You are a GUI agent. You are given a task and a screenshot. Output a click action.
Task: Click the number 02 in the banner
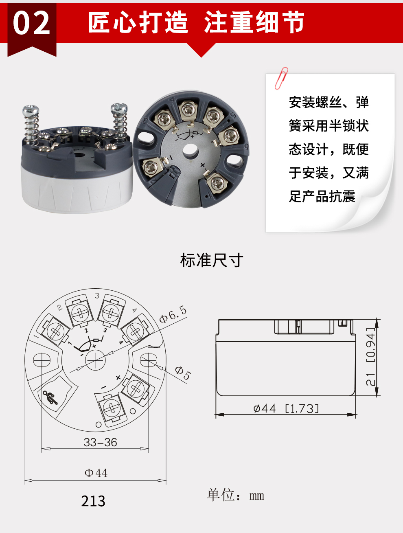[x=31, y=23]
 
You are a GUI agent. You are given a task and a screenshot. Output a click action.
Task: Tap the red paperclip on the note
[x=281, y=78]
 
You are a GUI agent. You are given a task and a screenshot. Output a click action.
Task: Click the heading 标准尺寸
[x=212, y=260]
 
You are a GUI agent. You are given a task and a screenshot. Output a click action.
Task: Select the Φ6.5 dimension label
[x=173, y=314]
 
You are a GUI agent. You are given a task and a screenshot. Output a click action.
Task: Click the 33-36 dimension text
[x=100, y=442]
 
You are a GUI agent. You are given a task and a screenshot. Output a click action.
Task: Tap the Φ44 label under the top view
[x=96, y=473]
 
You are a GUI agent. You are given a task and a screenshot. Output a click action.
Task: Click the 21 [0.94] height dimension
[x=370, y=356]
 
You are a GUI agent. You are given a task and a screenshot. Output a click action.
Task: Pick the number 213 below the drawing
[x=93, y=501]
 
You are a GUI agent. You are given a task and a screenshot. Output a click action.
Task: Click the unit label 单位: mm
[x=235, y=495]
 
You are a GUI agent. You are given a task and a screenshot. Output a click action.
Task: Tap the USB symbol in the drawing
[x=50, y=397]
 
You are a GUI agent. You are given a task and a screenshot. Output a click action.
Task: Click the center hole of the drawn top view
[x=95, y=360]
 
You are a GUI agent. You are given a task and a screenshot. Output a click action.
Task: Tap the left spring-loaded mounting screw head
[x=31, y=110]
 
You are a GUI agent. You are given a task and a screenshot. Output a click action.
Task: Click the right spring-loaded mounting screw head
[x=119, y=108]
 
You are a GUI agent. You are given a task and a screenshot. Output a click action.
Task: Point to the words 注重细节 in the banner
[x=254, y=22]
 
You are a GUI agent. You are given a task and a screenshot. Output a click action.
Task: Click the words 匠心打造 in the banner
[x=138, y=22]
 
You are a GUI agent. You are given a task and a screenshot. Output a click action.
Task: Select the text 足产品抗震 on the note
[x=322, y=196]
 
